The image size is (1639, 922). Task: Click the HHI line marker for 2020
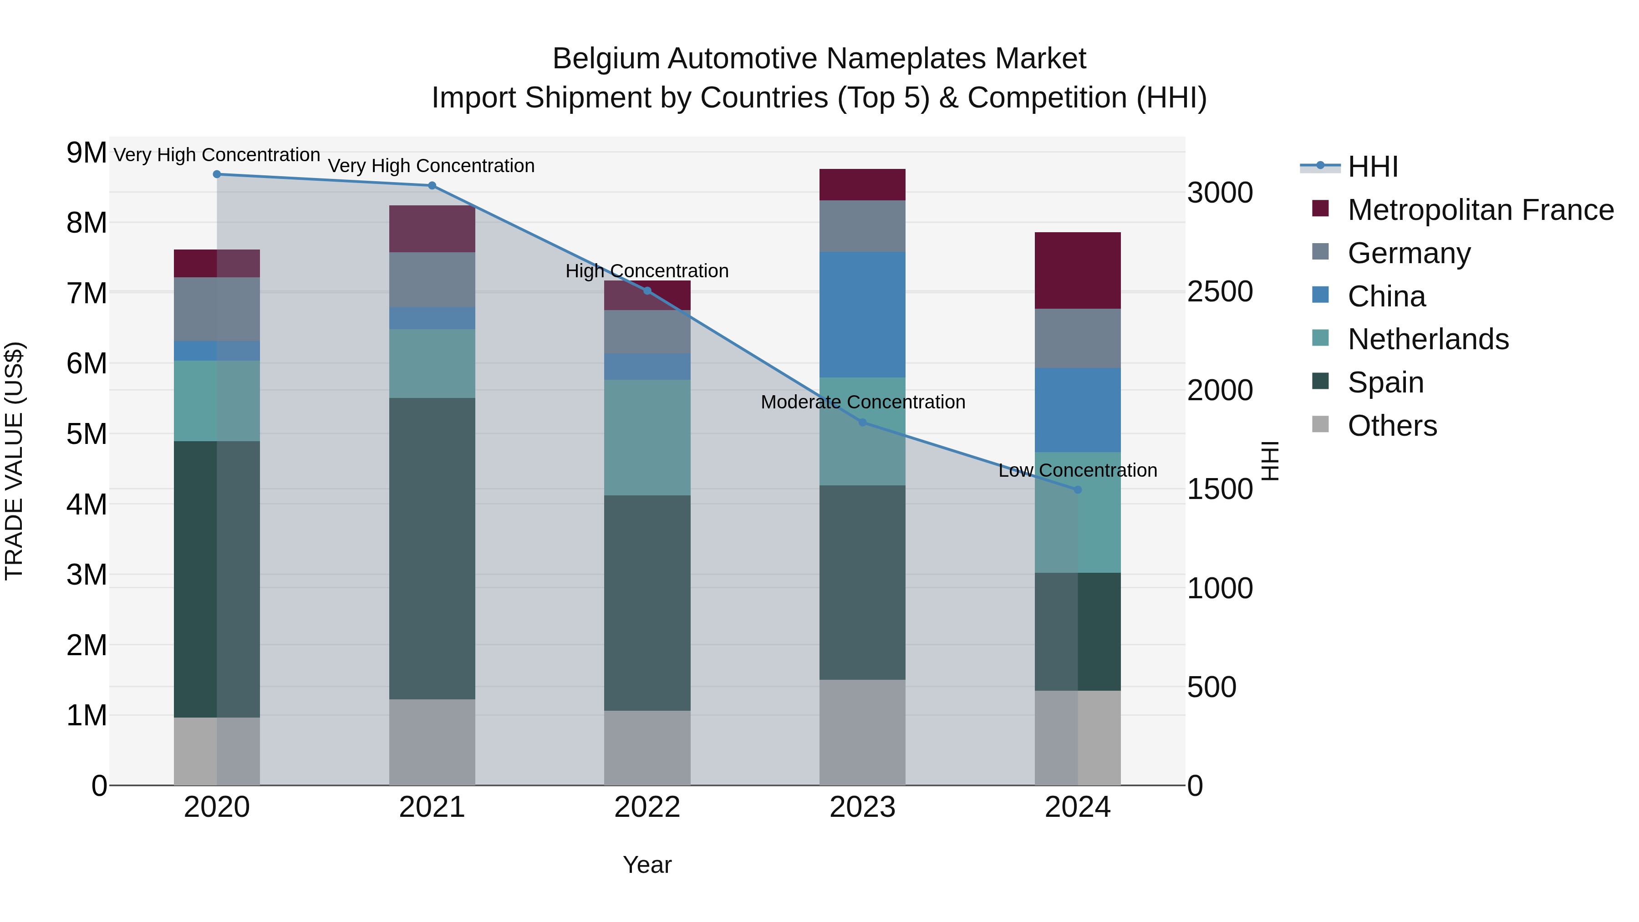[217, 174]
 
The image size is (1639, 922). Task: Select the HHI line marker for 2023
[863, 423]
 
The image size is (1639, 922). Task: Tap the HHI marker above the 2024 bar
[1078, 490]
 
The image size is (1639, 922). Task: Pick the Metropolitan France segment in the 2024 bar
[1077, 270]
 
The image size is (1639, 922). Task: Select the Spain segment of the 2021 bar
[432, 549]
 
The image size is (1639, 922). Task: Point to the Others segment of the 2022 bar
[647, 748]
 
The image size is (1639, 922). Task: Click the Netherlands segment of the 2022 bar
[647, 438]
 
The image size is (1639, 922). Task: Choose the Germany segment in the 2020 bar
[217, 309]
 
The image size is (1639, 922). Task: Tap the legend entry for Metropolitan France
[1480, 210]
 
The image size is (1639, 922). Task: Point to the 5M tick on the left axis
[87, 435]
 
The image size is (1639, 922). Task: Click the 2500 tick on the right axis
[1220, 292]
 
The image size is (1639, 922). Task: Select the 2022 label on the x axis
[647, 807]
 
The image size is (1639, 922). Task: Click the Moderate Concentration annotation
[863, 402]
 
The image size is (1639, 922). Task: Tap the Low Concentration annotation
[1077, 471]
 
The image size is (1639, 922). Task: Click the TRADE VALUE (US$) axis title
[14, 461]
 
